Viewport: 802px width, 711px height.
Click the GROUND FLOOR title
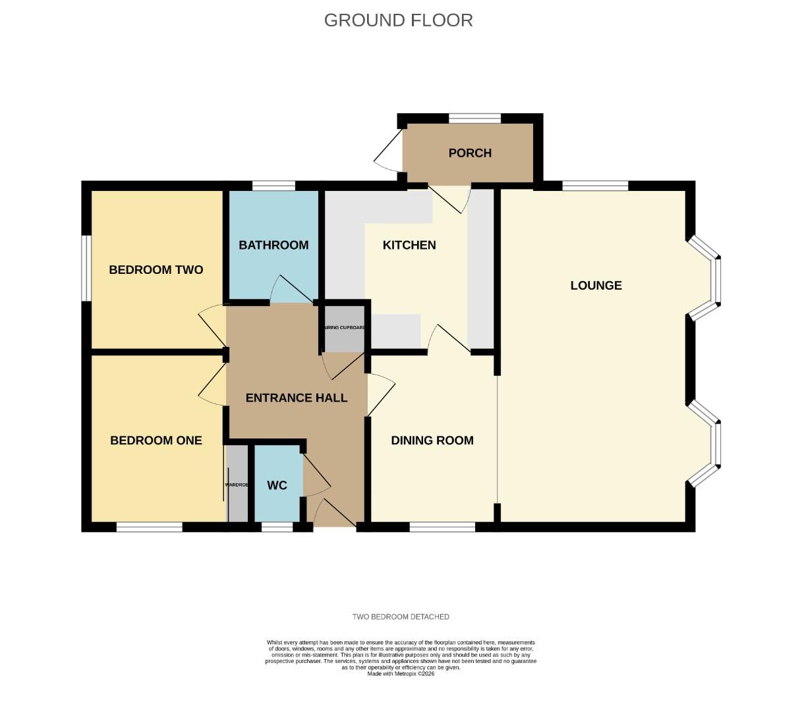tap(398, 20)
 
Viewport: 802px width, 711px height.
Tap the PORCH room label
tap(470, 153)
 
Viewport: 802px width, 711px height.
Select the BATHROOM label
tap(273, 245)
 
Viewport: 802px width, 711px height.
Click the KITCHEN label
tap(409, 245)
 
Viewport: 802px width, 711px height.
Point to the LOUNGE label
tap(596, 285)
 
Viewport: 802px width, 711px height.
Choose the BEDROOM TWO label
tap(156, 269)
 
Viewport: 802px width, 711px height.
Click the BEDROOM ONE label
tap(156, 440)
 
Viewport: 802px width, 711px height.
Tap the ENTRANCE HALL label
tap(296, 398)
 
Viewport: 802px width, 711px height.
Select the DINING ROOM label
tap(432, 440)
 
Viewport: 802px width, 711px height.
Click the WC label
tap(277, 485)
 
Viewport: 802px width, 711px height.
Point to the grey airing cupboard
tap(344, 328)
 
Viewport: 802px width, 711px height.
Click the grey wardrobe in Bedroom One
tap(237, 485)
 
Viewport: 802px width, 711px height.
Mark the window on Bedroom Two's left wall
tap(86, 269)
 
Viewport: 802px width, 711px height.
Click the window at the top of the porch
tap(474, 118)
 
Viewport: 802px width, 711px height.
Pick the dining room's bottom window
tap(442, 527)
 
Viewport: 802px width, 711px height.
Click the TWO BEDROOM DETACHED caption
tap(401, 617)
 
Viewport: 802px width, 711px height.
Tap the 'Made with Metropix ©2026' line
tap(401, 673)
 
